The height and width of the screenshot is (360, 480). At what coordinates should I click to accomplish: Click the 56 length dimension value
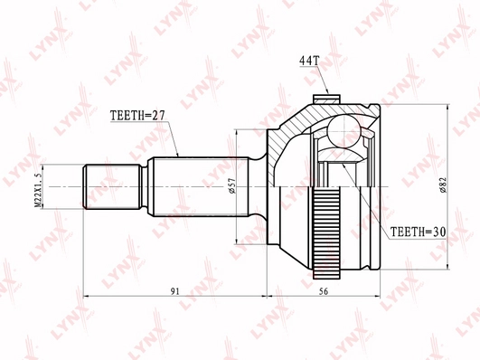point(323,290)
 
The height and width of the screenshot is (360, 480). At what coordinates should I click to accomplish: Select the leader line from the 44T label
point(318,80)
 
